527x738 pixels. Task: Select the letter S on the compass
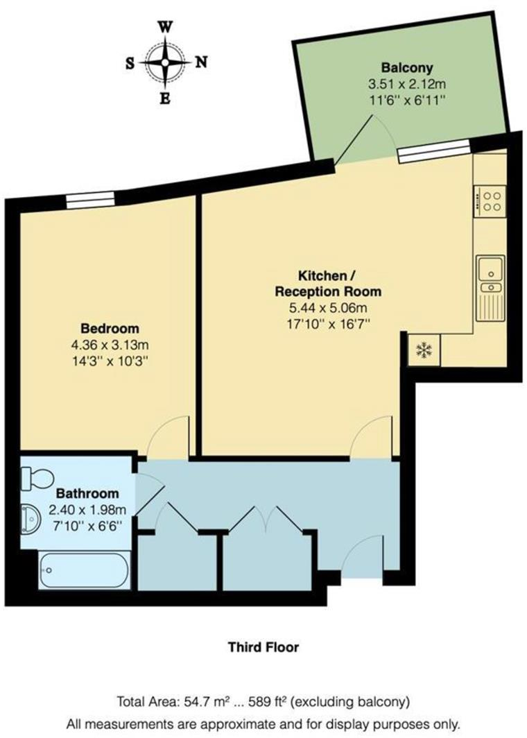(130, 63)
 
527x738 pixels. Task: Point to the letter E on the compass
(165, 98)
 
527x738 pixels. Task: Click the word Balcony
(407, 68)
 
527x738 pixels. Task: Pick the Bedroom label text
(110, 328)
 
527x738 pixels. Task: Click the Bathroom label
(87, 495)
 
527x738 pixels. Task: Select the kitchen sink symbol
(491, 274)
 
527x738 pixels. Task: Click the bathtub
(83, 570)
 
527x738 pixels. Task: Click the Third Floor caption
(263, 647)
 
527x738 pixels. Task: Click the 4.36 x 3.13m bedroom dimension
(110, 345)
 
